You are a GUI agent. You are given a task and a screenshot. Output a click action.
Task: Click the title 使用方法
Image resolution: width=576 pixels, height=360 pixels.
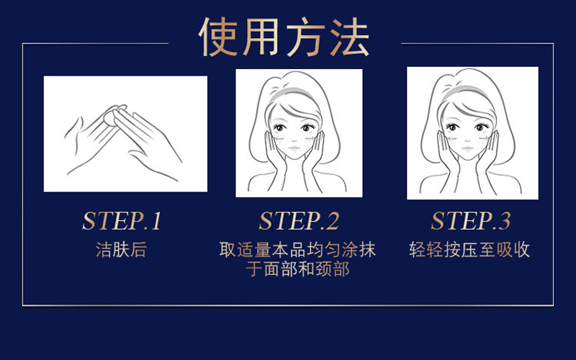click(284, 37)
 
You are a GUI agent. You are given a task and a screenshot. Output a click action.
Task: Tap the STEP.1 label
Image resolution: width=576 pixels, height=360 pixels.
click(122, 221)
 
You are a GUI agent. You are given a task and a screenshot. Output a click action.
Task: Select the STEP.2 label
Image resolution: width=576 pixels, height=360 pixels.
click(299, 221)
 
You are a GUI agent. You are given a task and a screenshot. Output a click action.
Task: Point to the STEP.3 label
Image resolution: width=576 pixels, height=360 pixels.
click(471, 221)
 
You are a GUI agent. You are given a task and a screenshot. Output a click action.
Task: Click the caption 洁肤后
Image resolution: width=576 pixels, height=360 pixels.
click(121, 250)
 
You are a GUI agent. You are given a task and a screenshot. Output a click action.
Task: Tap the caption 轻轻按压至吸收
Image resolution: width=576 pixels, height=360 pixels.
click(469, 250)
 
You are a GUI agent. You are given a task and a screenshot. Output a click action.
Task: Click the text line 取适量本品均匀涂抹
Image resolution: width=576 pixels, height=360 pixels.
click(297, 250)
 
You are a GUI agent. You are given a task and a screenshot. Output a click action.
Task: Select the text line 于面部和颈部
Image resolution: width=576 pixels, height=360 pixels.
click(297, 269)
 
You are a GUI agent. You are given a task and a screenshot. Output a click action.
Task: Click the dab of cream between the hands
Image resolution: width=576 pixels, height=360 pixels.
click(112, 117)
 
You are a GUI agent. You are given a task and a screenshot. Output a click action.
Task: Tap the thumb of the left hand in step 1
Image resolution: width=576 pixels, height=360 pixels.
click(73, 128)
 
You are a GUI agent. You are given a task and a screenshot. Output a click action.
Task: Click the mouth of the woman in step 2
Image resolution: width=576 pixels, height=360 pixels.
click(294, 148)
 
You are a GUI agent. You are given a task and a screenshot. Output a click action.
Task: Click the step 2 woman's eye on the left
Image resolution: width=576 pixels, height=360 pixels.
click(280, 128)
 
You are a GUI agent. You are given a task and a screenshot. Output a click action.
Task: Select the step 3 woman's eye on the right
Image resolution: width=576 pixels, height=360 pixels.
click(480, 127)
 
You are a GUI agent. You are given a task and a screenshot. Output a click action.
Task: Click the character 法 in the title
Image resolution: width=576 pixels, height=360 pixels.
click(349, 37)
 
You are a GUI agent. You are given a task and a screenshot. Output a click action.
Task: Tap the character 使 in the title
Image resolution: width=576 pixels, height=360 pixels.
click(219, 37)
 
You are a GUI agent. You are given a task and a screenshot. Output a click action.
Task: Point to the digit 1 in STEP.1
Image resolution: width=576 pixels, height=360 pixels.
click(156, 221)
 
